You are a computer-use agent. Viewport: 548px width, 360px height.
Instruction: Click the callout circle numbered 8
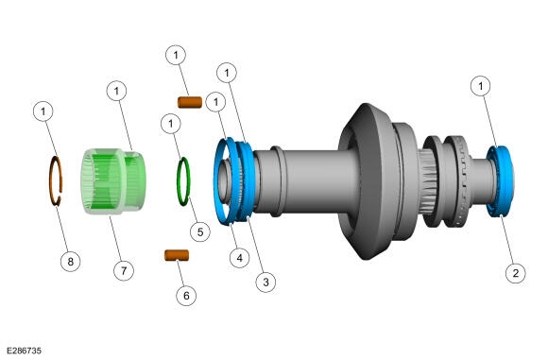tap(70, 262)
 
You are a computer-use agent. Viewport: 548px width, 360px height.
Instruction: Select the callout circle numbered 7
tap(124, 270)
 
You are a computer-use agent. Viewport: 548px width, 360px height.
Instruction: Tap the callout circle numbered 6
tap(186, 296)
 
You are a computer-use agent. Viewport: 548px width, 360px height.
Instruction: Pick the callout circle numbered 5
tap(200, 231)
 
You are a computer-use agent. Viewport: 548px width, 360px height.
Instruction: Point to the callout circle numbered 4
tap(239, 258)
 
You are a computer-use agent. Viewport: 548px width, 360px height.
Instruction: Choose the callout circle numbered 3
tap(265, 282)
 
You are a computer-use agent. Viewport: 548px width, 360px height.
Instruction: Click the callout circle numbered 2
tap(516, 273)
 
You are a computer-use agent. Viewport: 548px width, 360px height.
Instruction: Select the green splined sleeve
tap(112, 181)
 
